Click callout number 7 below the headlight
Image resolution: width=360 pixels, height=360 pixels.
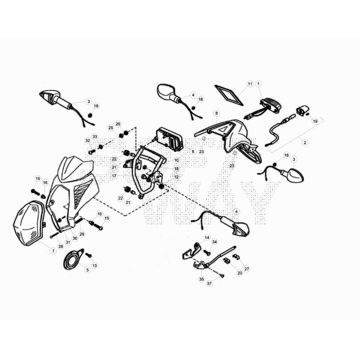(53, 251)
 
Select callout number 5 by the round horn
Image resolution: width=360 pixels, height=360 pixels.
(87, 270)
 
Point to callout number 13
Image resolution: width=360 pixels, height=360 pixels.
(95, 266)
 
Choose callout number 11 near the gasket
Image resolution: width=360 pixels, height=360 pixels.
(250, 83)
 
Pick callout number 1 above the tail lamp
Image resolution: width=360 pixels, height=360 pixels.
(259, 83)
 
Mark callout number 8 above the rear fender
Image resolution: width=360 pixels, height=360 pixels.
(216, 113)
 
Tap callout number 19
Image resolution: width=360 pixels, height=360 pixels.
(315, 121)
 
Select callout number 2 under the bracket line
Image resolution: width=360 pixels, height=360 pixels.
(304, 142)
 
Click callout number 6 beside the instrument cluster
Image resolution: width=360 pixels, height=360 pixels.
(193, 151)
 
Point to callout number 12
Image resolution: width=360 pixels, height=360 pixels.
(176, 177)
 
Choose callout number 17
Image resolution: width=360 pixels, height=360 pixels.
(114, 176)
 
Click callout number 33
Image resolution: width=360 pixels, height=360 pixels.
(95, 137)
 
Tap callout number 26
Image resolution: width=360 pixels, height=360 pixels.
(118, 124)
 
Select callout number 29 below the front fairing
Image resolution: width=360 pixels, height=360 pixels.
(82, 234)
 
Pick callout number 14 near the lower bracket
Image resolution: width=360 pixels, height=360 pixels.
(207, 237)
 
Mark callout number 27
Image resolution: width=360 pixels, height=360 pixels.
(247, 268)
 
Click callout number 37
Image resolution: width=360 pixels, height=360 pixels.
(209, 284)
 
